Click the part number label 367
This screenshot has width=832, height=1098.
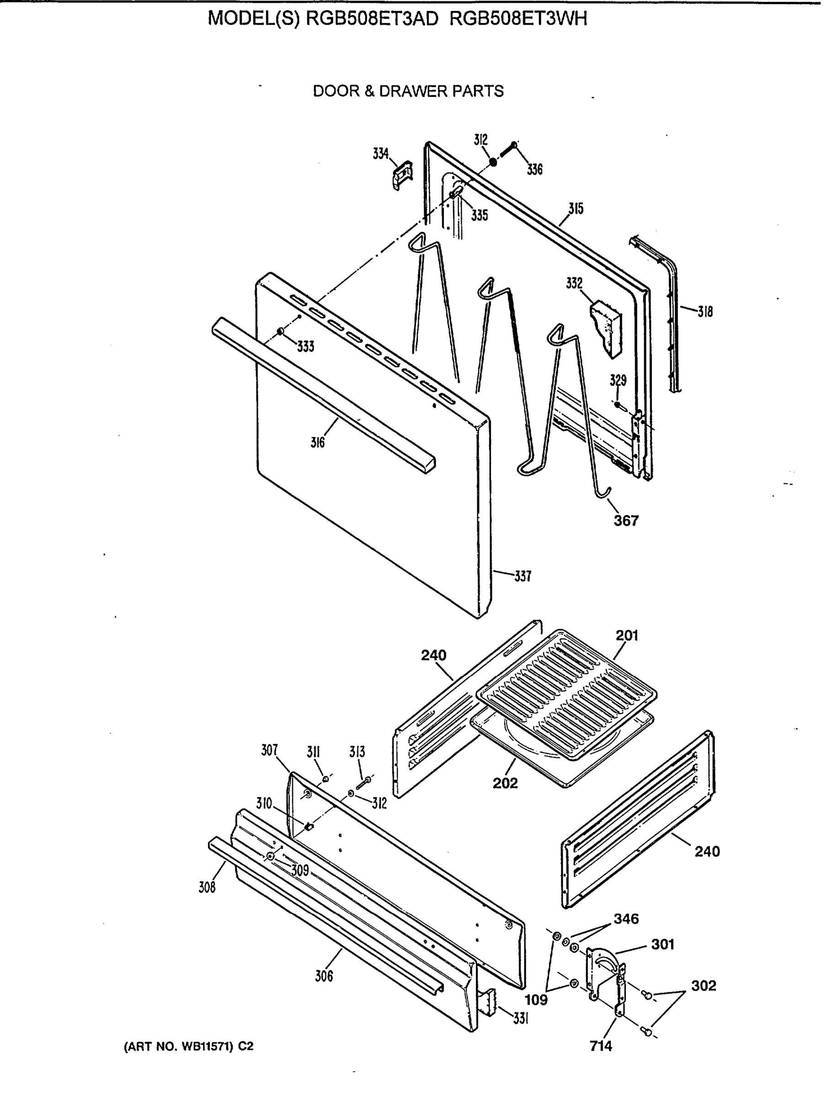point(626,521)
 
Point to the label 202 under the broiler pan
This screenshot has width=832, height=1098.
point(505,783)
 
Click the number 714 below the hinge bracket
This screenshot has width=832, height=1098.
point(601,1046)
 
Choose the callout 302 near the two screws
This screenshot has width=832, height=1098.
point(704,985)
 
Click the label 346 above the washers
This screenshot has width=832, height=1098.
point(626,919)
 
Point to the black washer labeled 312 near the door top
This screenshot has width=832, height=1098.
point(493,162)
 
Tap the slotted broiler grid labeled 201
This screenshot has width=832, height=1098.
point(565,695)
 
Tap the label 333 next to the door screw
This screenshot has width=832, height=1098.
point(306,346)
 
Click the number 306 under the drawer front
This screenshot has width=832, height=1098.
point(324,976)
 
